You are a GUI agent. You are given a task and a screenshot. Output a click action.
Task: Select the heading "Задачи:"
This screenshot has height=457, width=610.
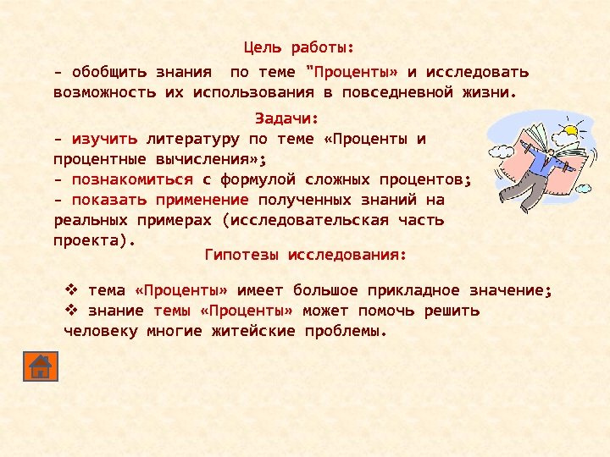pos(286,118)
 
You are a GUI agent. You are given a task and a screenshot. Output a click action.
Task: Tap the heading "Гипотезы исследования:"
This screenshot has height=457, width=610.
pos(306,254)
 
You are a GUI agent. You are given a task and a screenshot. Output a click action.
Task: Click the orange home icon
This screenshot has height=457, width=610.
pos(40,365)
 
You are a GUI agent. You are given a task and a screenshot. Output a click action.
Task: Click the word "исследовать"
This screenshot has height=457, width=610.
pos(477,71)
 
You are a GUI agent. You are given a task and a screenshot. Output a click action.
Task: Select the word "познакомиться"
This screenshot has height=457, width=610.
pos(132,179)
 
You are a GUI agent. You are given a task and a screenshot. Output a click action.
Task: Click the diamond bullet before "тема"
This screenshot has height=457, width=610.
pos(72,290)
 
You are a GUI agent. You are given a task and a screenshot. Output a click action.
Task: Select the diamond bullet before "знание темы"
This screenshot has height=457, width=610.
pos(72,311)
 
